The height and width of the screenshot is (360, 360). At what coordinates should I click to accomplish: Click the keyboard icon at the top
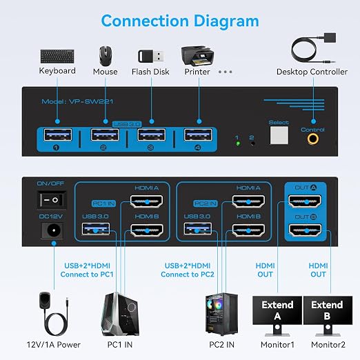point(57,56)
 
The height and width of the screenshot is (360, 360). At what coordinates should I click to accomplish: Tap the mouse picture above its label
point(106,56)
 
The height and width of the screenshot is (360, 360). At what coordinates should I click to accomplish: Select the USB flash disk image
point(151,56)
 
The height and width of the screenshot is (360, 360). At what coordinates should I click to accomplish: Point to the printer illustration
point(197,56)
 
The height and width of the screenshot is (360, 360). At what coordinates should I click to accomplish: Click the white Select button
point(279,135)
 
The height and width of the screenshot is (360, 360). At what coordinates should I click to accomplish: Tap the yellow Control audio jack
point(313,139)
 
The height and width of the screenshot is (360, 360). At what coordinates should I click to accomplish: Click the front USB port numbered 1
point(58,134)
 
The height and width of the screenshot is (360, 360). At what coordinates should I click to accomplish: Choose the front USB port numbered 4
point(198,134)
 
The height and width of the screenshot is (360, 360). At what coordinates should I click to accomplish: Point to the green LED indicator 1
point(238,143)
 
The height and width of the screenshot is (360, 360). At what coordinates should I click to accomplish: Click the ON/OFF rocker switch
point(52,200)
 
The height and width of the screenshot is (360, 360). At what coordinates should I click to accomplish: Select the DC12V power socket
point(52,230)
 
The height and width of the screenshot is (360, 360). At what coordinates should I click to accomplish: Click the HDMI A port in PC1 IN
point(146,201)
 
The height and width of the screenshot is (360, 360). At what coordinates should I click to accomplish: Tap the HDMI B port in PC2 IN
point(248,230)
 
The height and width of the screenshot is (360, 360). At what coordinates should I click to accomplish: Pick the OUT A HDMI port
point(305,201)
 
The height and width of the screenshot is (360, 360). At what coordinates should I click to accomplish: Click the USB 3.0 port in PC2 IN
point(198,229)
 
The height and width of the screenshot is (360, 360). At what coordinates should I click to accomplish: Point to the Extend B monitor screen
point(328,310)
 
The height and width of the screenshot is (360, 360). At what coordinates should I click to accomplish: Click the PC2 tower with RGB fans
point(221,314)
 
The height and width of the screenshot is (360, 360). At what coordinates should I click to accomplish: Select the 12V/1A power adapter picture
point(54,314)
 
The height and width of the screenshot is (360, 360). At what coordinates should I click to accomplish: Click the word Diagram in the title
point(226,22)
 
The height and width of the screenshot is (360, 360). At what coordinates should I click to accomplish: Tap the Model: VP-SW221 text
point(77,101)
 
